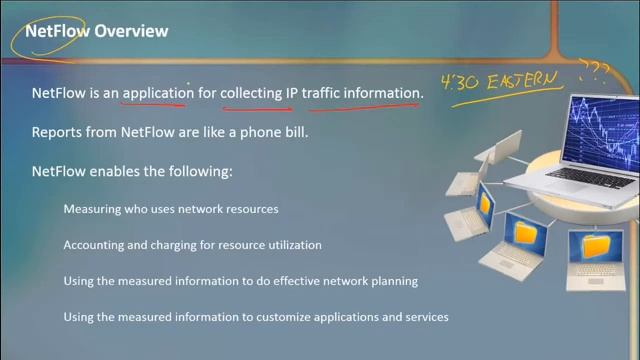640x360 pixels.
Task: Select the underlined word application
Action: pyautogui.click(x=157, y=92)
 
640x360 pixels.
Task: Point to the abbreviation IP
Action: pyautogui.click(x=292, y=92)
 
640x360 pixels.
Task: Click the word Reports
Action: pyautogui.click(x=57, y=132)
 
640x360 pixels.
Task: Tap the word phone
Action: pyautogui.click(x=248, y=132)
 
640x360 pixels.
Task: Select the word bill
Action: pyautogui.click(x=283, y=132)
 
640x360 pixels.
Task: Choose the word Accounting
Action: pyautogui.click(x=98, y=245)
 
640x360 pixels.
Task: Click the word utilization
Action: pyautogui.click(x=291, y=245)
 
